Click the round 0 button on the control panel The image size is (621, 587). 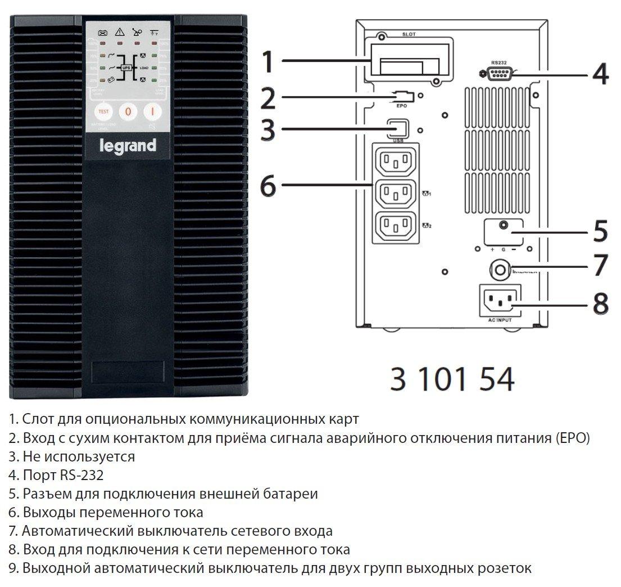click(x=128, y=111)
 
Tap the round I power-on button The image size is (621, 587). click(x=152, y=111)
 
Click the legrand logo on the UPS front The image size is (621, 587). click(x=128, y=146)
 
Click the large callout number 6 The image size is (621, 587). click(x=269, y=185)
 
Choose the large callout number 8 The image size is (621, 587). click(x=600, y=303)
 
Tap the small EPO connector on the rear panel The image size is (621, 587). click(x=404, y=96)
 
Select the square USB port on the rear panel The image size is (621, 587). click(x=398, y=128)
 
